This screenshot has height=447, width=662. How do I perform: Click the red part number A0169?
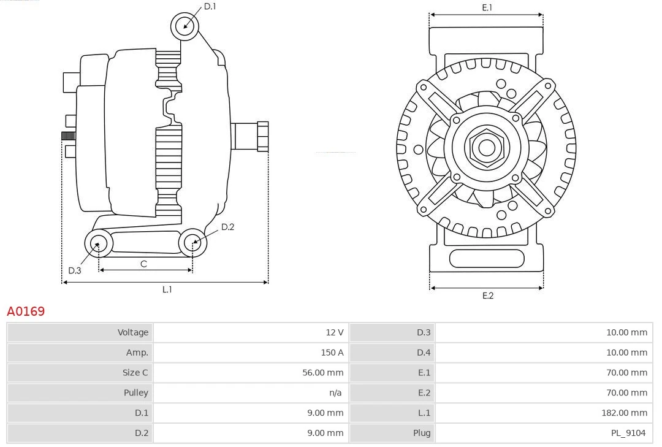pos(26,311)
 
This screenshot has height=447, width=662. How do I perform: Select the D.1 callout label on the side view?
pos(210,6)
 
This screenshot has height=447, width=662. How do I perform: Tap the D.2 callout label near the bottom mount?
pos(227,227)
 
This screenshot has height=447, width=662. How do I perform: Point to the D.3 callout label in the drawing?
pos(74,270)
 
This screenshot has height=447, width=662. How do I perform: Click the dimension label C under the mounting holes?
pos(143,264)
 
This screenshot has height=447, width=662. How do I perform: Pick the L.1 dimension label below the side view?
pos(167,289)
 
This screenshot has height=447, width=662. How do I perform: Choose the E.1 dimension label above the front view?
pos(487,7)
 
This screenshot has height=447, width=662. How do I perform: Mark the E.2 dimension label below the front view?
pos(487,296)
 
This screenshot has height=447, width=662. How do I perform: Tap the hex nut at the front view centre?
pos(486,147)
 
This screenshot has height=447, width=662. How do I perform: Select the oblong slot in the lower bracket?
pos(487,258)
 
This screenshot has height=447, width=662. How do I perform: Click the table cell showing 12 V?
pos(335,332)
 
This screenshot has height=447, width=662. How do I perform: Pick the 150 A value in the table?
pos(332,353)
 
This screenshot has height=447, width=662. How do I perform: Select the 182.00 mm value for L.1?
pos(624,413)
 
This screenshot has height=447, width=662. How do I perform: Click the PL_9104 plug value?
pos(628,433)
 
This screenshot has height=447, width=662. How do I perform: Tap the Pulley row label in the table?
pos(135,392)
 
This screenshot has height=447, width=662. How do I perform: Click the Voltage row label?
pos(133,332)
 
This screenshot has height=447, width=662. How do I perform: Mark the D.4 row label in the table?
pos(424,353)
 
